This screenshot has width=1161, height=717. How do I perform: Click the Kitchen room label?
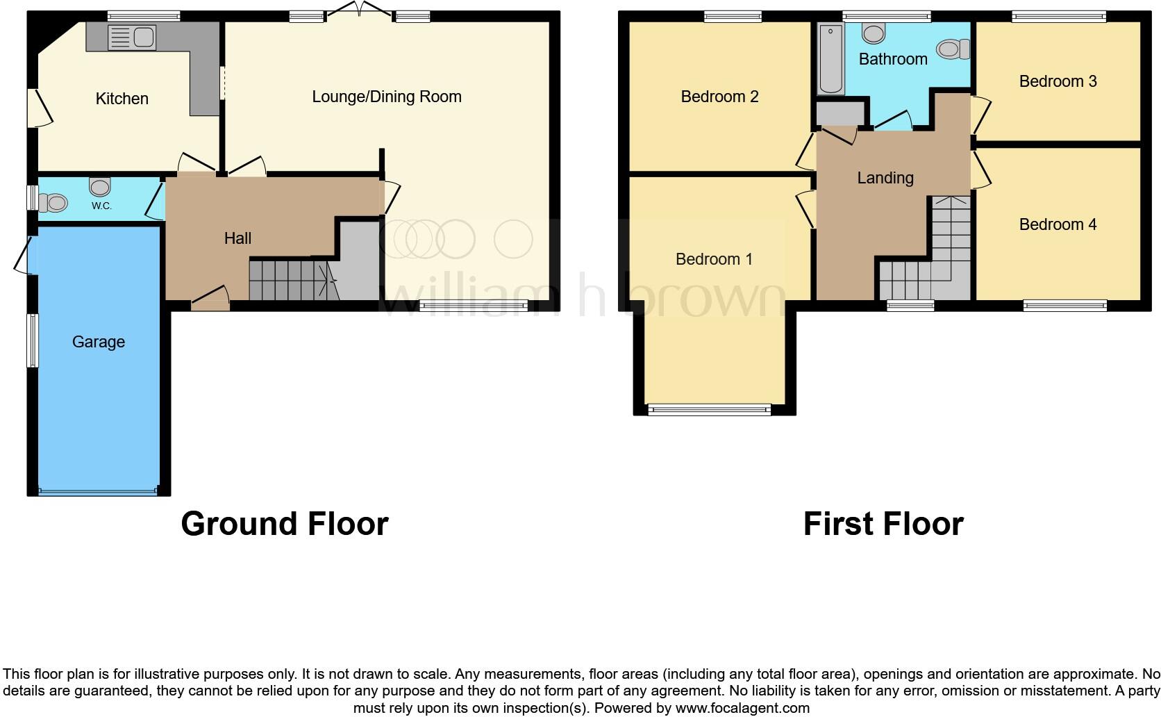(x=122, y=99)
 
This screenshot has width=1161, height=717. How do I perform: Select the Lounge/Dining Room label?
(x=387, y=97)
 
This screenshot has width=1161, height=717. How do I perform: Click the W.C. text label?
(x=101, y=206)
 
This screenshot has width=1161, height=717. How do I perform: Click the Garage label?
(x=99, y=342)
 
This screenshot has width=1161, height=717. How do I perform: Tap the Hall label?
(x=237, y=238)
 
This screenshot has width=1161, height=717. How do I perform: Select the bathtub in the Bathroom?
(x=829, y=59)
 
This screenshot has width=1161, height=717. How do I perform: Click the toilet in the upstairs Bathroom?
(x=954, y=49)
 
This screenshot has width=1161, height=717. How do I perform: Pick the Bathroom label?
(x=893, y=59)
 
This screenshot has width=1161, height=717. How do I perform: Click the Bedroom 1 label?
(x=714, y=259)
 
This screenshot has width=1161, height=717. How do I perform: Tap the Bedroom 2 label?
(x=719, y=97)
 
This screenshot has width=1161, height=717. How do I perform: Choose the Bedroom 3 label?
(x=1058, y=81)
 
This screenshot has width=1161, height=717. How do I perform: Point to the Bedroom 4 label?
(x=1058, y=224)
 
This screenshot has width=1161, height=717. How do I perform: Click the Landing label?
(x=885, y=178)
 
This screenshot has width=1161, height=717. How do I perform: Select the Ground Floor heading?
(x=285, y=524)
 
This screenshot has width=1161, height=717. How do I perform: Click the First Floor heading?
(x=883, y=524)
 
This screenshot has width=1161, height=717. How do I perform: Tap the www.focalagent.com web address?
(x=742, y=709)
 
